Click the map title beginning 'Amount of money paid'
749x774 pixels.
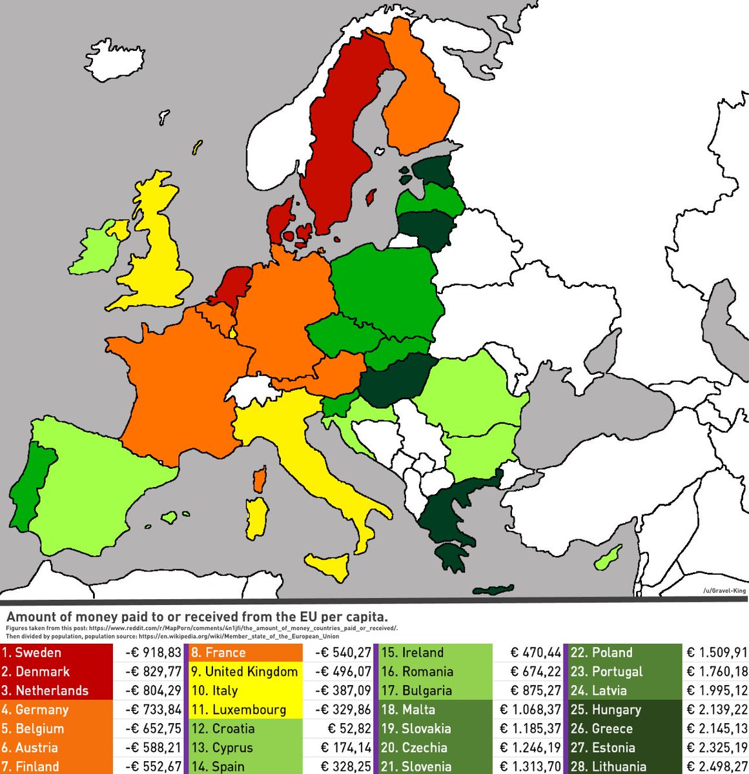[x=197, y=616]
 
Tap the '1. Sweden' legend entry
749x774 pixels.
[x=39, y=652]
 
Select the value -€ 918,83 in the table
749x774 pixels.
[x=153, y=652]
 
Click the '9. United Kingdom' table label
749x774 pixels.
[x=245, y=671]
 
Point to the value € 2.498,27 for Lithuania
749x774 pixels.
[x=716, y=766]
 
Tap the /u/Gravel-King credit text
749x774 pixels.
[x=724, y=591]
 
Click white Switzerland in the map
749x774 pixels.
[x=250, y=390]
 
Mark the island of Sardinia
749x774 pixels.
[x=257, y=519]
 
